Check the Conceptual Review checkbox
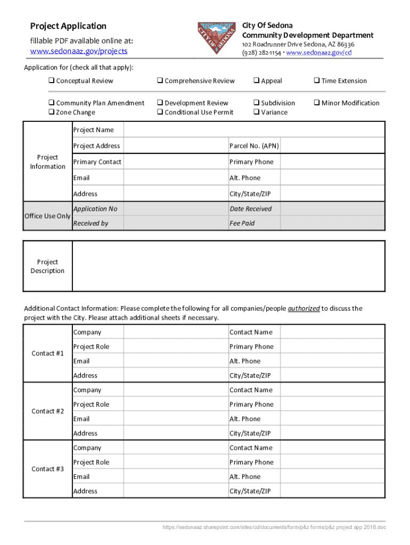(x=52, y=81)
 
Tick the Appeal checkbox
(x=256, y=81)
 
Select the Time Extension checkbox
(x=316, y=81)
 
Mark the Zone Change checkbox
(x=52, y=112)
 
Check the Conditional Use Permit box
(x=160, y=112)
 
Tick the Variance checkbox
(x=256, y=112)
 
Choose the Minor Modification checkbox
(x=316, y=103)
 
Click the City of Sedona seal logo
(x=216, y=38)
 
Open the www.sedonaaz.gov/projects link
(x=79, y=51)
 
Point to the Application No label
(x=95, y=209)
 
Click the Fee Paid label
(x=242, y=224)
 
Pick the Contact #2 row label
(x=47, y=411)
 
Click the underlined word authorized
(x=304, y=309)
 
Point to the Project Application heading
(x=68, y=26)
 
